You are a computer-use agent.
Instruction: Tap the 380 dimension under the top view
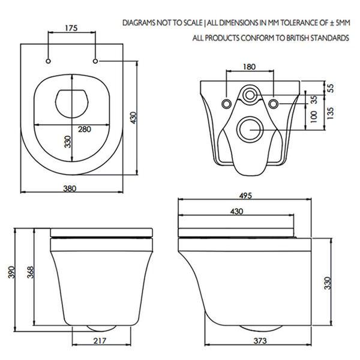tap(70, 188)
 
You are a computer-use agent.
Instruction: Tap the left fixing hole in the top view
tap(47, 61)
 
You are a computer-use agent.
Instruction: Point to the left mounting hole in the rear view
tap(226, 104)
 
